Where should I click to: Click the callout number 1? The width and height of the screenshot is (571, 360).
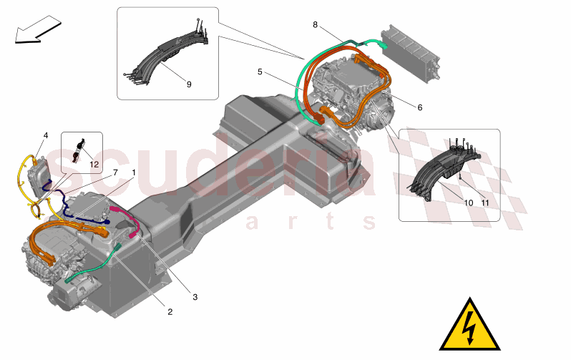[132, 172]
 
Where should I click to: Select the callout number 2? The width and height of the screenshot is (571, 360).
[170, 311]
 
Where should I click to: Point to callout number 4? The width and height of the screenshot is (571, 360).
[46, 135]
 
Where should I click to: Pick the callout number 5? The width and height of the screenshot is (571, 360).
[261, 72]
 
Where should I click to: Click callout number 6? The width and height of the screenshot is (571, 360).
[419, 107]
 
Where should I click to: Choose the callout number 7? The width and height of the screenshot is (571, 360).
[114, 172]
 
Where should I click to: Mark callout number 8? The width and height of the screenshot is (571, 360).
[315, 24]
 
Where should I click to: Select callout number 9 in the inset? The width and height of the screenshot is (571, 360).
[189, 84]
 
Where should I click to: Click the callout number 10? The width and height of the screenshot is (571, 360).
[469, 203]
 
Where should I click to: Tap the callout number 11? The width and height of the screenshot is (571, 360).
[485, 203]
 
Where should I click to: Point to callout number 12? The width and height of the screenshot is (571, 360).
[94, 164]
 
